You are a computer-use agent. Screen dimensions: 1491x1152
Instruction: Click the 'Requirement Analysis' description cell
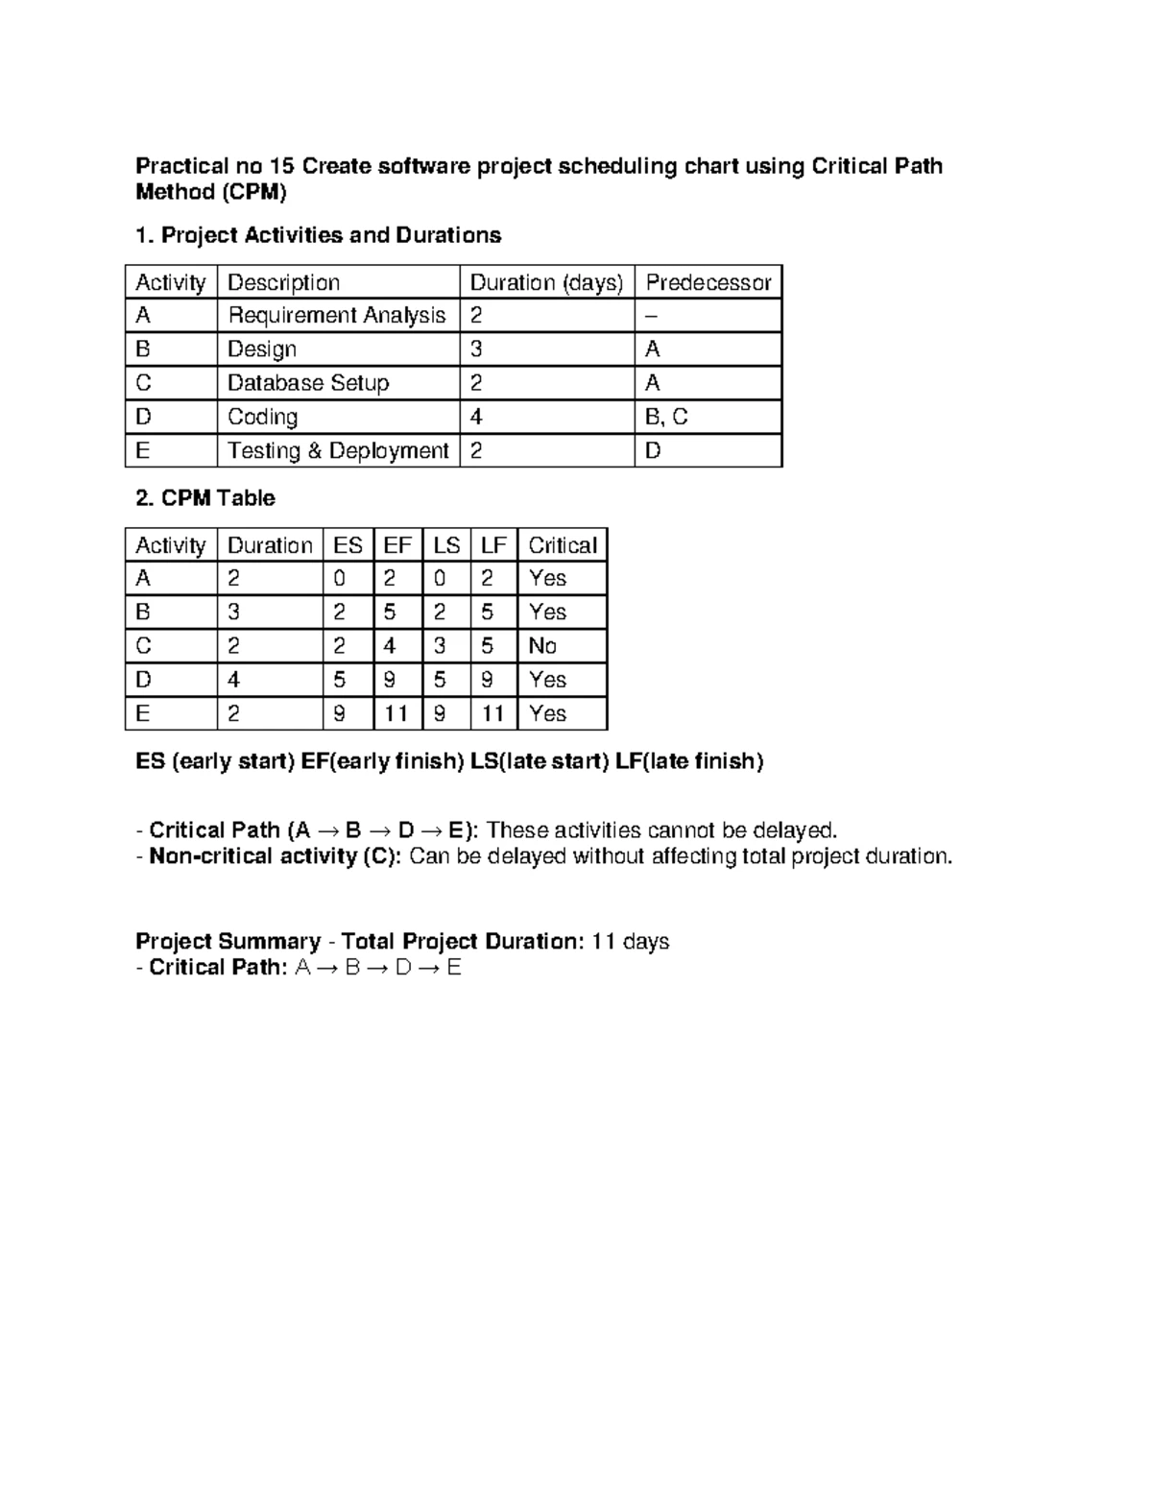[x=336, y=316]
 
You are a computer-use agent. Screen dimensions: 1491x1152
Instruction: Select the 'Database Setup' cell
[x=308, y=383]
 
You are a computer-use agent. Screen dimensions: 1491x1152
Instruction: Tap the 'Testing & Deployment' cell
[x=338, y=451]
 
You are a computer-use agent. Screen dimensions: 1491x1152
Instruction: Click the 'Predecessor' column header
[x=708, y=282]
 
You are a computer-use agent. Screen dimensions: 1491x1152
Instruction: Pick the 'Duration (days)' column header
[x=546, y=282]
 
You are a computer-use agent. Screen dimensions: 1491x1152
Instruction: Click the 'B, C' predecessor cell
[x=666, y=417]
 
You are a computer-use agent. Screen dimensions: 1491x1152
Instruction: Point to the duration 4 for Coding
[x=476, y=417]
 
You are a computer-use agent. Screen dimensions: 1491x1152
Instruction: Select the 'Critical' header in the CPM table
[x=563, y=545]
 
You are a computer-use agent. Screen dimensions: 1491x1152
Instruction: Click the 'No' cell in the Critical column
[x=542, y=646]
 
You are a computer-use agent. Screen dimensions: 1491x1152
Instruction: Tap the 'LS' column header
[x=446, y=545]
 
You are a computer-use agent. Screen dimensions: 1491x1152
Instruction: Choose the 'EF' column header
[x=397, y=545]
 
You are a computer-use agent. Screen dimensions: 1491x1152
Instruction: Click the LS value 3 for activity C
[x=440, y=646]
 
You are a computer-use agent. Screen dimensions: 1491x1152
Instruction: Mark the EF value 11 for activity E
[x=396, y=713]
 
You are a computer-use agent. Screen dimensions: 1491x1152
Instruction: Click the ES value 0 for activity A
[x=339, y=578]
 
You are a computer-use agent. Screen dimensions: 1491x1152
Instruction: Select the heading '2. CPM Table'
[x=205, y=498]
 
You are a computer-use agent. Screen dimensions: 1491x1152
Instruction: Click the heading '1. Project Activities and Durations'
[x=318, y=235]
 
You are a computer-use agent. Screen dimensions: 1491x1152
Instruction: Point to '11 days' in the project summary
[x=630, y=941]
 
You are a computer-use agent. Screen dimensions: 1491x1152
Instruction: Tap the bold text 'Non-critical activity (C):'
[x=276, y=856]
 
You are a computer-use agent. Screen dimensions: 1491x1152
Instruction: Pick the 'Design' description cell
[x=261, y=349]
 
